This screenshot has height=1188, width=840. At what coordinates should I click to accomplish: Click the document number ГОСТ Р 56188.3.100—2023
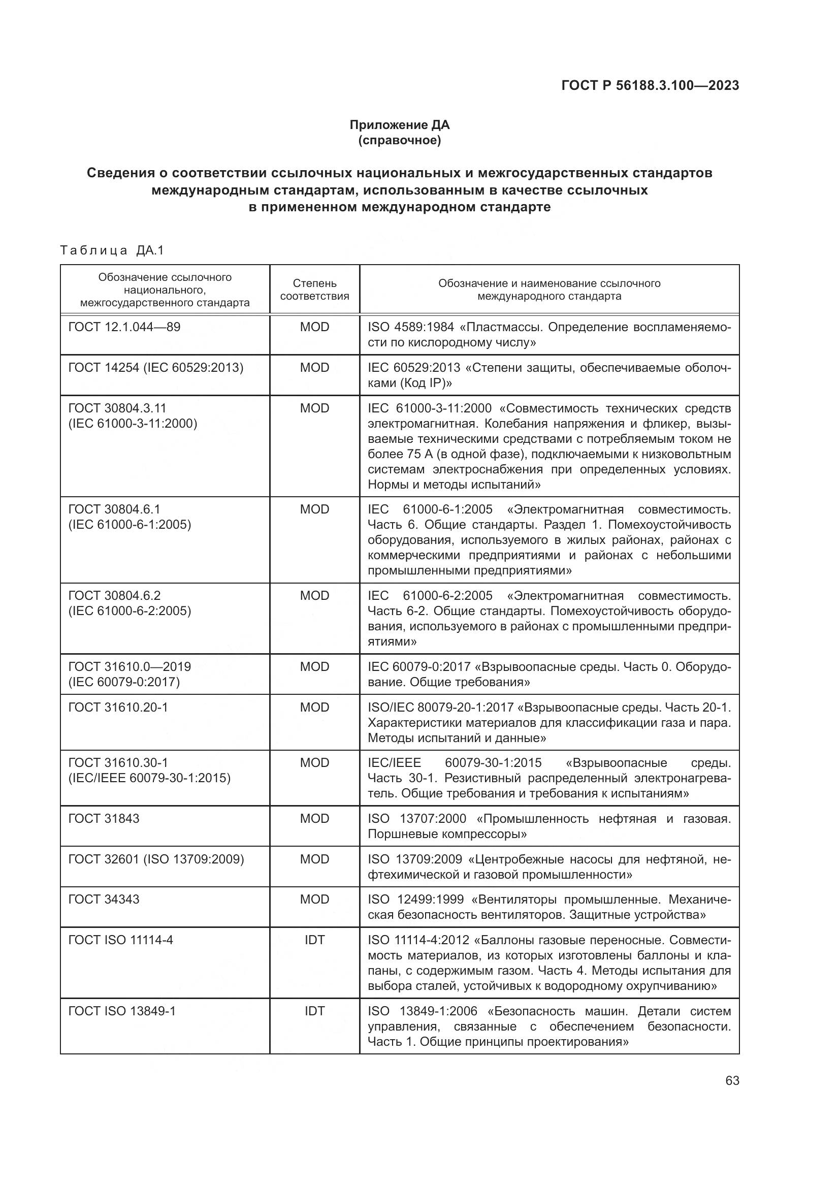click(x=650, y=85)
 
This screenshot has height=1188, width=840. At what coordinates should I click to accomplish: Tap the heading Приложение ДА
click(x=399, y=125)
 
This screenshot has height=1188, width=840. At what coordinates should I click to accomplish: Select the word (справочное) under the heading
click(x=399, y=140)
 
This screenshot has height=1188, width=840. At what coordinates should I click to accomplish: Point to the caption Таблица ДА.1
click(x=112, y=251)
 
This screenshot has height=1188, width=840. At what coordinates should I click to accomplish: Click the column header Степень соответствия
click(x=314, y=290)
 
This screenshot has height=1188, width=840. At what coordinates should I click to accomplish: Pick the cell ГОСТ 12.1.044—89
click(x=124, y=327)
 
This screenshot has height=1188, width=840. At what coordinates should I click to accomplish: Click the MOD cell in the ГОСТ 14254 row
click(x=314, y=368)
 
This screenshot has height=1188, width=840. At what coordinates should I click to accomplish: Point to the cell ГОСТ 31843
click(x=104, y=819)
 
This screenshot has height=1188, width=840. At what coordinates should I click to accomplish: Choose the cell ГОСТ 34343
click(x=104, y=900)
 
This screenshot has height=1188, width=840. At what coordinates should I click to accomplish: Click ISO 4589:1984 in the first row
click(x=411, y=327)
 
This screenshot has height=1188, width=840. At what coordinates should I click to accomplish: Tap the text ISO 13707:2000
click(x=417, y=819)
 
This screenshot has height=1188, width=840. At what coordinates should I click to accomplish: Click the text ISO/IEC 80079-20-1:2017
click(x=441, y=708)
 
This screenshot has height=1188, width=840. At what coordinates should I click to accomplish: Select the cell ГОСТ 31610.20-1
click(x=118, y=708)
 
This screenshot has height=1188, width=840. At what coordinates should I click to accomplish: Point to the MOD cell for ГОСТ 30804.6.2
click(x=314, y=596)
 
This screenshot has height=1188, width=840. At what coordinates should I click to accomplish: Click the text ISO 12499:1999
click(x=416, y=900)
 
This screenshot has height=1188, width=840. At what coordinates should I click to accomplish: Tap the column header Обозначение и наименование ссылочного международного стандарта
click(x=550, y=290)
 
